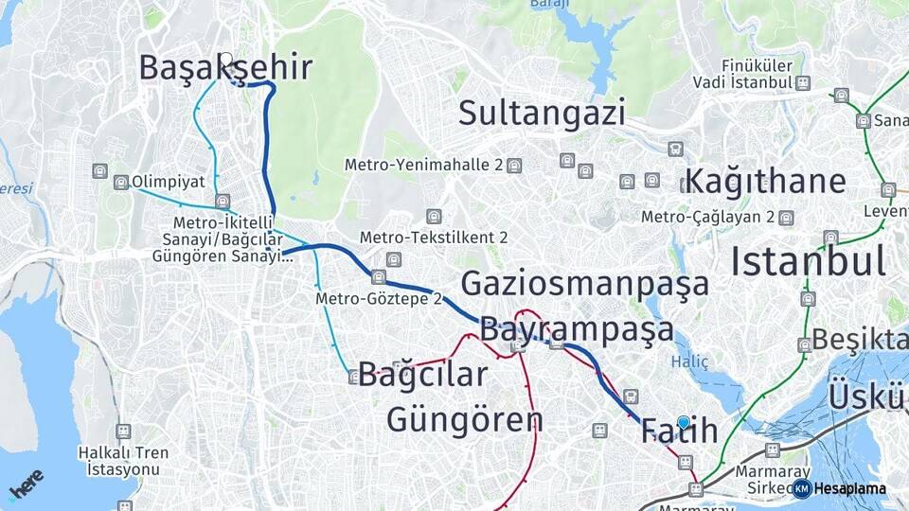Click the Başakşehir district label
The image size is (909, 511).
(x=224, y=68)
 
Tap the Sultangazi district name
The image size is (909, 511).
(x=542, y=114)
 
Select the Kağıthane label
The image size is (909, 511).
(x=765, y=181)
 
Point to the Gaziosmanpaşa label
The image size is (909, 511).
(x=584, y=284)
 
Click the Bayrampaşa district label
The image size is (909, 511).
(x=577, y=329)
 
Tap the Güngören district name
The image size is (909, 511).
(x=464, y=418)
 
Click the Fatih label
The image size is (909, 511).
(x=679, y=432)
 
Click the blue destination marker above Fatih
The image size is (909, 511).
(x=684, y=421)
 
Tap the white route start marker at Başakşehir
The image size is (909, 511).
(x=225, y=58)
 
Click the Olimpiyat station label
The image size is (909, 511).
(x=169, y=181)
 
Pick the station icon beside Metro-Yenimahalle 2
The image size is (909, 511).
(x=513, y=165)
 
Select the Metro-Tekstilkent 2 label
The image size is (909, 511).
(x=434, y=237)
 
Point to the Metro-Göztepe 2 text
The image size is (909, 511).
(x=379, y=299)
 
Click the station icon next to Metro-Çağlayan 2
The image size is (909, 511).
(x=785, y=217)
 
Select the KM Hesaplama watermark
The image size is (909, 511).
(x=843, y=488)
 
